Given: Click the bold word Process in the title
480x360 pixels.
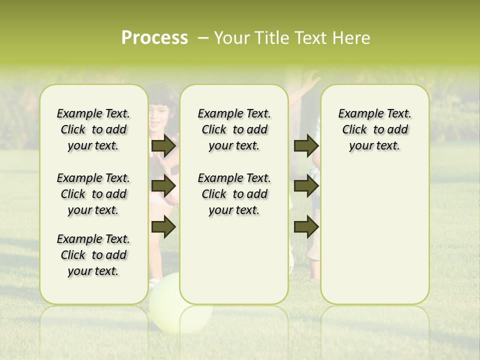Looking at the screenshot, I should pyautogui.click(x=154, y=38).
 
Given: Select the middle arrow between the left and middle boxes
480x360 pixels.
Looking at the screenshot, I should pyautogui.click(x=163, y=186).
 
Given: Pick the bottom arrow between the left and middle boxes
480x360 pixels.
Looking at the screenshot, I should pyautogui.click(x=163, y=227).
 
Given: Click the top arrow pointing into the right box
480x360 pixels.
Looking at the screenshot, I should pyautogui.click(x=306, y=145).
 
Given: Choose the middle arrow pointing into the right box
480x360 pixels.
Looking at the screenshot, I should pyautogui.click(x=306, y=186).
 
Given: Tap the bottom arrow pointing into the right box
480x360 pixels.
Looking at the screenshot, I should pyautogui.click(x=306, y=227).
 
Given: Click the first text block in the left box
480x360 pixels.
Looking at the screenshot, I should pyautogui.click(x=93, y=129).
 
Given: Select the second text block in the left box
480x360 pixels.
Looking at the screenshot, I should pyautogui.click(x=93, y=194).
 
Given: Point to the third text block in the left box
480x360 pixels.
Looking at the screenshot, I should pyautogui.click(x=93, y=255).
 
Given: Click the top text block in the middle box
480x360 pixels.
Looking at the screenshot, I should pyautogui.click(x=234, y=129).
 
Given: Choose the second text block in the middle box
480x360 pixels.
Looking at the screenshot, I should pyautogui.click(x=234, y=194).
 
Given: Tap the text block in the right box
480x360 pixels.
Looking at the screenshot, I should pyautogui.click(x=374, y=129).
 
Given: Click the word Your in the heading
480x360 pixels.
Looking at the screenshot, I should pyautogui.click(x=231, y=38).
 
